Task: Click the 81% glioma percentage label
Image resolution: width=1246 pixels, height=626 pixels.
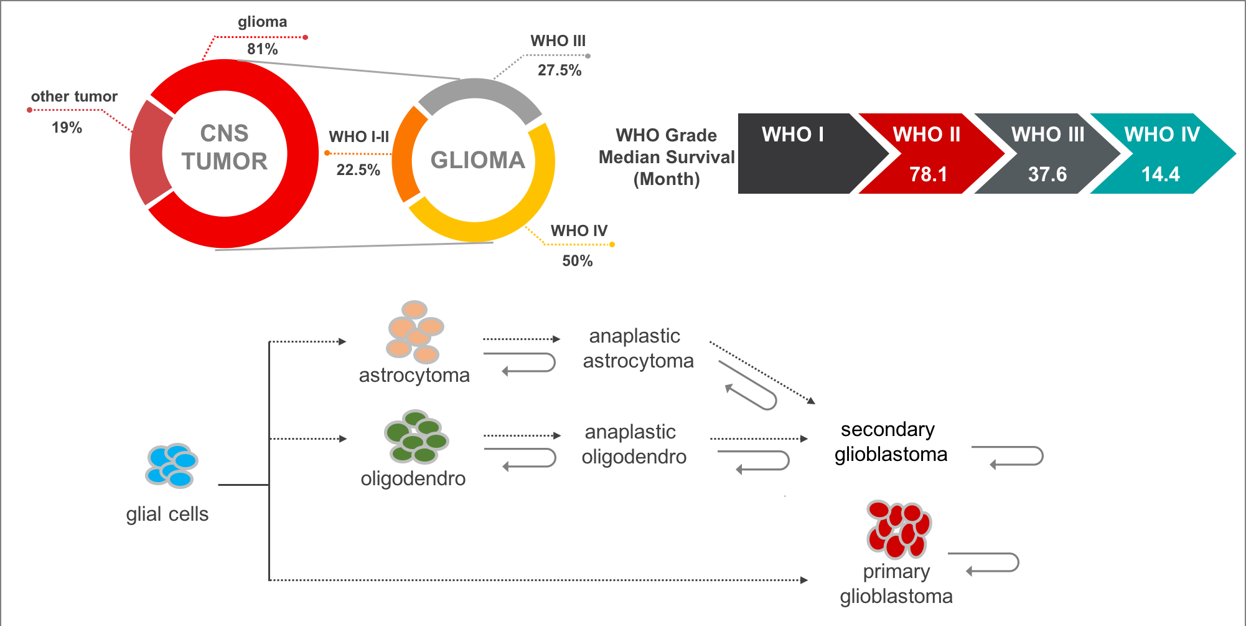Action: pos(262,49)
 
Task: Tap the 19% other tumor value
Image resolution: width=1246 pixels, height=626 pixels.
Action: pos(67,127)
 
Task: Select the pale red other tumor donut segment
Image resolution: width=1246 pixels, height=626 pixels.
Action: pos(148,153)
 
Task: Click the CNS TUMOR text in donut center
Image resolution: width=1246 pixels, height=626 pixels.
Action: pos(224,148)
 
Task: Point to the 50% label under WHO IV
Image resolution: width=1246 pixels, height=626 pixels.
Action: pos(577,260)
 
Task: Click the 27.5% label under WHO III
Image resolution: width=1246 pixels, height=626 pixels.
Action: pos(559,70)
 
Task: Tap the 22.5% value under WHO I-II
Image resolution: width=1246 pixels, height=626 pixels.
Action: pos(358,169)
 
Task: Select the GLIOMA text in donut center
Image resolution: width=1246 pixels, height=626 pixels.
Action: pos(477,160)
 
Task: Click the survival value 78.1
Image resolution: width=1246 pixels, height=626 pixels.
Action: pos(928,174)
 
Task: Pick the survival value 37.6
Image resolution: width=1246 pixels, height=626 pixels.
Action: pos(1047,174)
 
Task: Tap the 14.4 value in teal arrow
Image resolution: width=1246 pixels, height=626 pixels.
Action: pos(1160,174)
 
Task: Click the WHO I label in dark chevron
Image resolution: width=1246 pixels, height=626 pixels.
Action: pos(792,134)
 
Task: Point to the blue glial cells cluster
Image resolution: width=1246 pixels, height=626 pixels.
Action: pos(172,465)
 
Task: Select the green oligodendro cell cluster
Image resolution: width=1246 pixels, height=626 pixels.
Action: pos(416,437)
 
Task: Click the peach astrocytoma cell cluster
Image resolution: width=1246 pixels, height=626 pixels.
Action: pos(415,331)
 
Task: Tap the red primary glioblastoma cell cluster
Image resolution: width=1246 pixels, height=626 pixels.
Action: pos(898,529)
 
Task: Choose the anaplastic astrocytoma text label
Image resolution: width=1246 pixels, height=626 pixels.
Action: pos(637,348)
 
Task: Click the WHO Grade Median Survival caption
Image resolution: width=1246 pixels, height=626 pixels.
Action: pos(666,157)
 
